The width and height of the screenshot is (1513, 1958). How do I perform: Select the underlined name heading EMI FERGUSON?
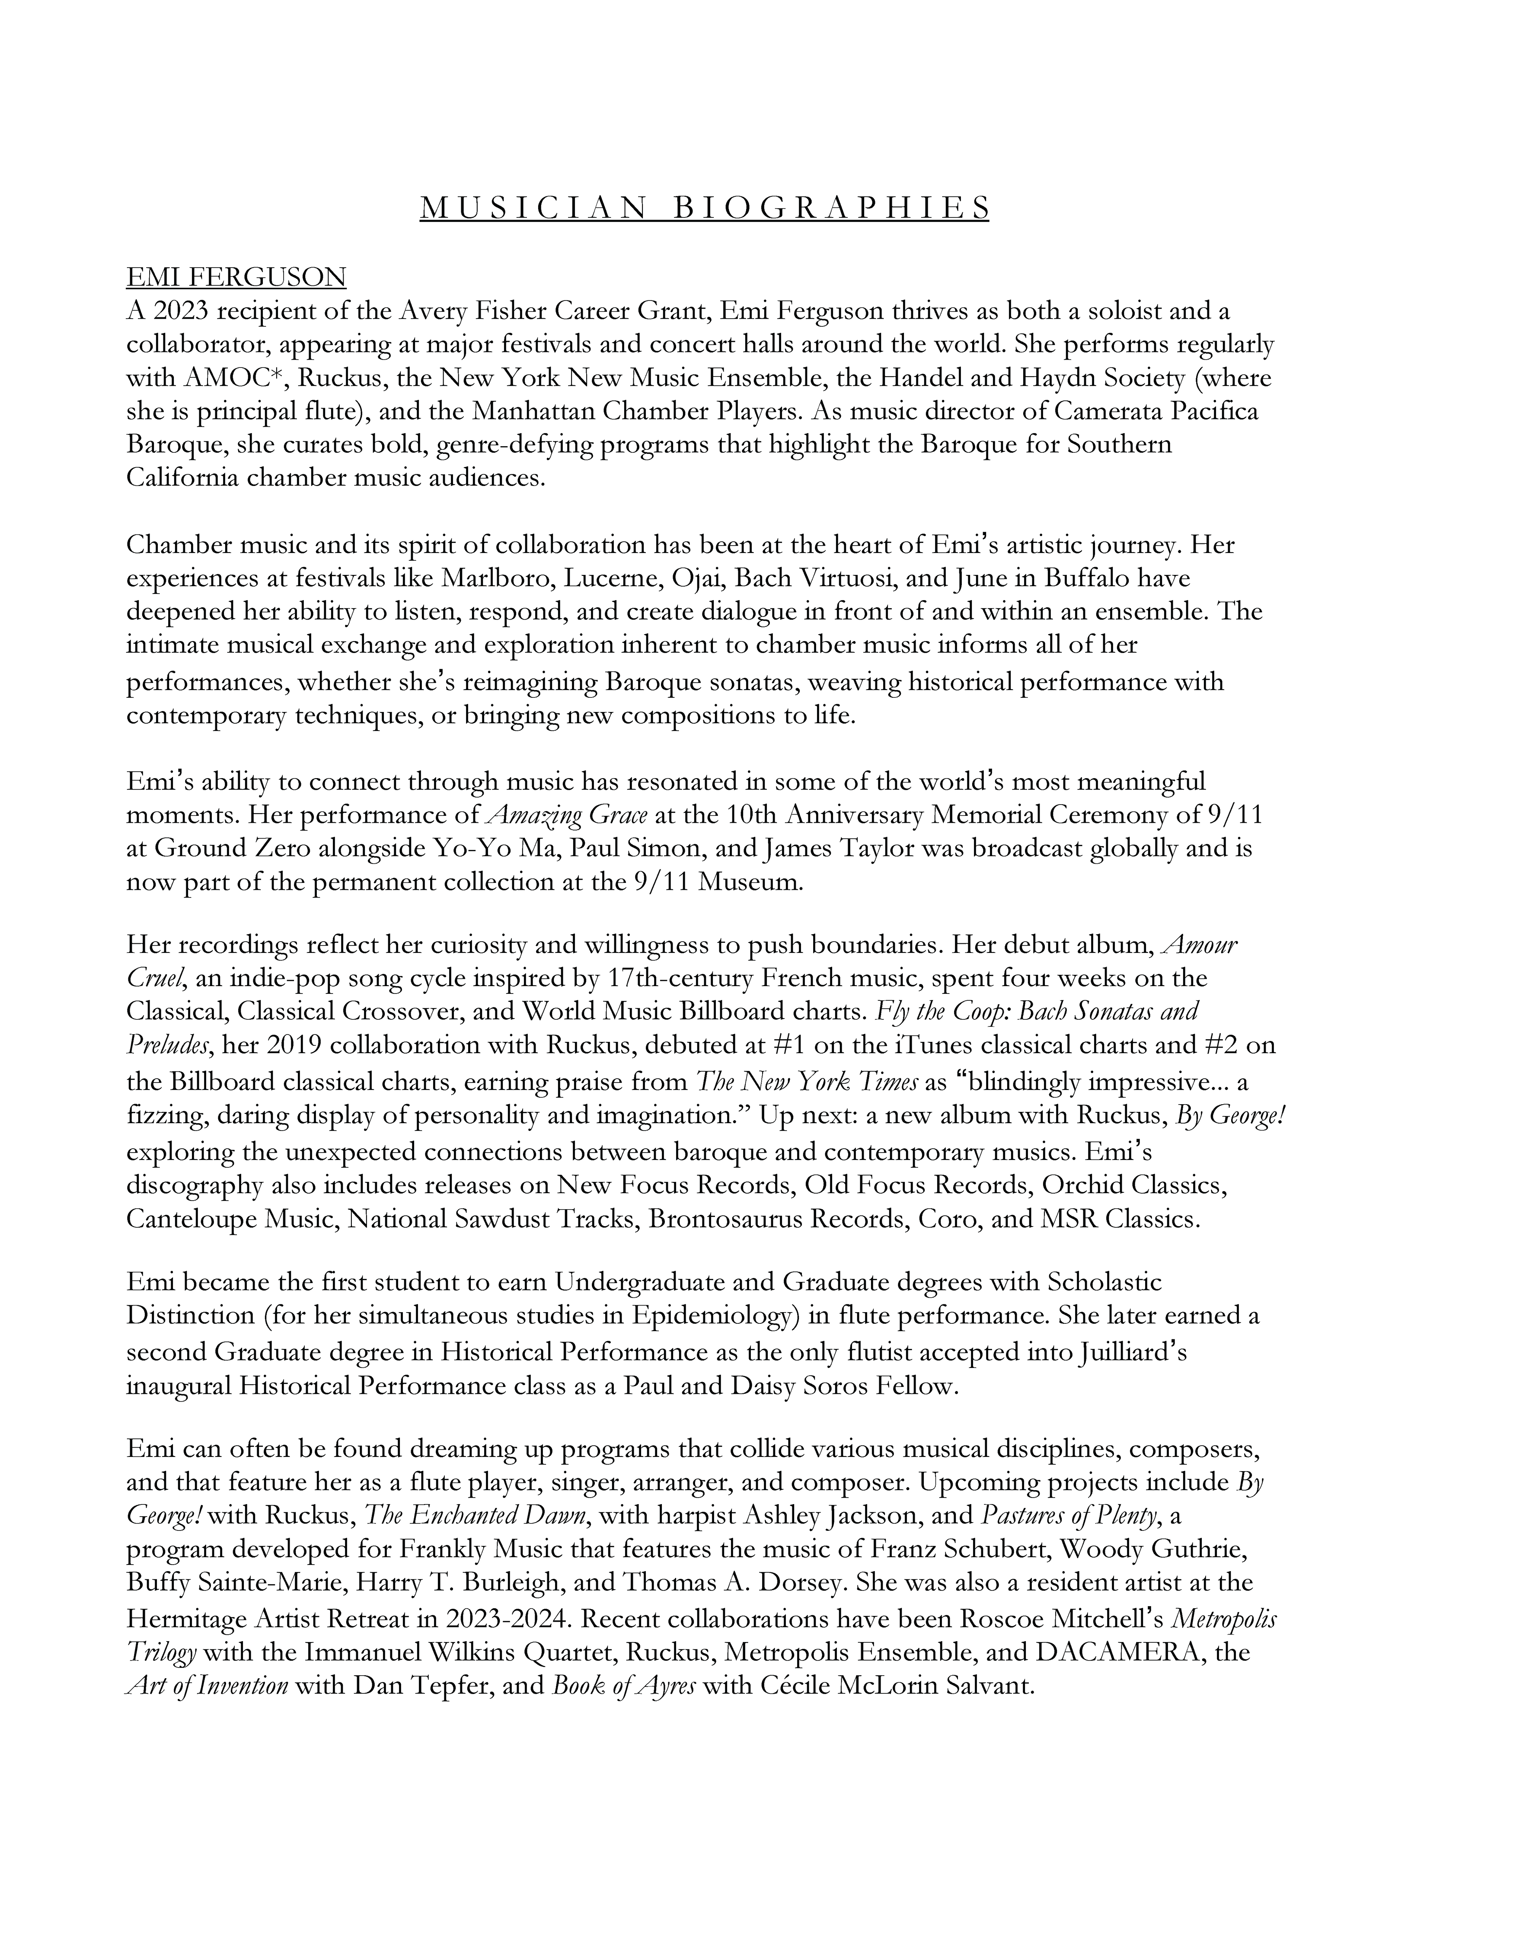tap(236, 277)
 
